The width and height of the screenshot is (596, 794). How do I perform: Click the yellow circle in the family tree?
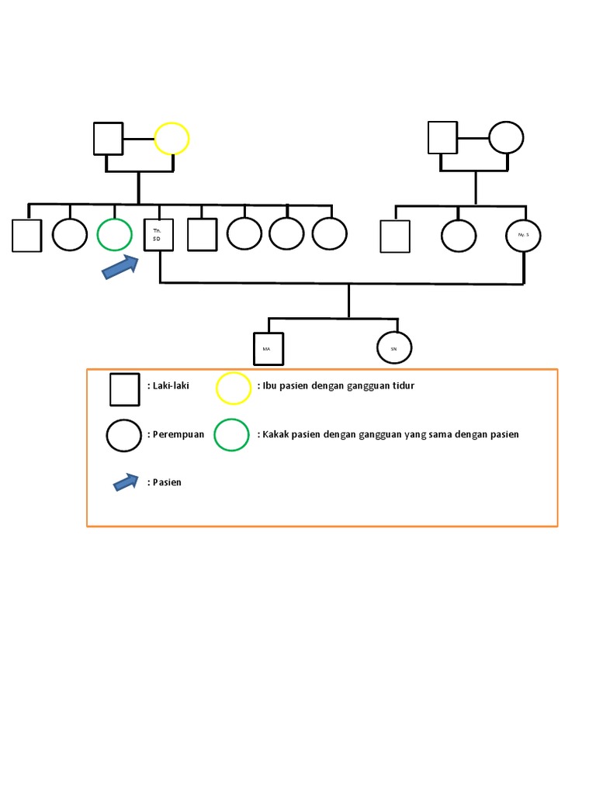[x=172, y=140]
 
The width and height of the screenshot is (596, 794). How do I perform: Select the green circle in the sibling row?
[x=115, y=235]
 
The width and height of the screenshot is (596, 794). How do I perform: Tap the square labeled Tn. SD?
[x=159, y=236]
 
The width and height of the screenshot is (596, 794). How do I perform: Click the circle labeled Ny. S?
[x=523, y=235]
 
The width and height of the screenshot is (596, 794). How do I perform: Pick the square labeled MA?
[x=268, y=349]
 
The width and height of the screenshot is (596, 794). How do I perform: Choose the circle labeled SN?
[x=394, y=349]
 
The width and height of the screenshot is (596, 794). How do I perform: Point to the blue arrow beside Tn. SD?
[x=120, y=267]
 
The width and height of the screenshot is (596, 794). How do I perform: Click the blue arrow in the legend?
[x=126, y=482]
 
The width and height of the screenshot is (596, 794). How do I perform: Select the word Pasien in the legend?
[x=166, y=482]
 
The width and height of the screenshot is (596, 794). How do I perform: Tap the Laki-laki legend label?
[x=170, y=385]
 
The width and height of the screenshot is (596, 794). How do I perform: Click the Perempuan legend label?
[x=178, y=434]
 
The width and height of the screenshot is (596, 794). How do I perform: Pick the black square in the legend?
[x=124, y=389]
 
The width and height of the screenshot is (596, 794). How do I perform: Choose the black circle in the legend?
[x=124, y=436]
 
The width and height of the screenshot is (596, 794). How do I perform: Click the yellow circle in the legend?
[x=234, y=388]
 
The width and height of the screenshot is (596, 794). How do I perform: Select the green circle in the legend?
[x=231, y=435]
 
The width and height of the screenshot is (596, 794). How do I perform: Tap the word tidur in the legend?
[x=403, y=385]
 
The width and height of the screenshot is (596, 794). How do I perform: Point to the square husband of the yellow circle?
[x=109, y=139]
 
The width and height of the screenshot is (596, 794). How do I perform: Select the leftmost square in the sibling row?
[x=26, y=236]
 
